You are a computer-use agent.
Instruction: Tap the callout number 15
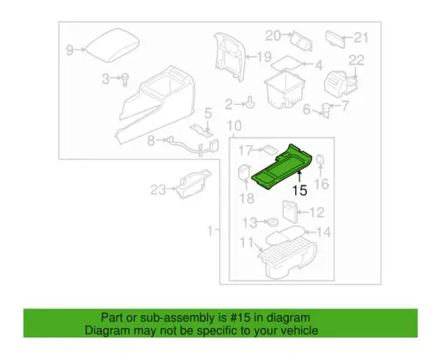pos(300,190)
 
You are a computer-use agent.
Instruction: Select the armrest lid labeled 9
pos(113,46)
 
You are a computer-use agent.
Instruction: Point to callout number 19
pos(264,57)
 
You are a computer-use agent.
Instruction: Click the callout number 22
pos(356,60)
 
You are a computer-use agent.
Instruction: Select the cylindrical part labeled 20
pos(301,41)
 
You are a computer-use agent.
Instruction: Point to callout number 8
pos(151,141)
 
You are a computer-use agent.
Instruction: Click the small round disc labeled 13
pos(272,222)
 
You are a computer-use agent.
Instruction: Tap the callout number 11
pos(247,243)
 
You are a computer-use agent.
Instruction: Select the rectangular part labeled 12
pos(290,211)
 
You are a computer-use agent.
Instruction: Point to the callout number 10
pos(234,126)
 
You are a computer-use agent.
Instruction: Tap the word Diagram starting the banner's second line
pos(107,330)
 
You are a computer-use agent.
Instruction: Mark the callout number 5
pos(208,113)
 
